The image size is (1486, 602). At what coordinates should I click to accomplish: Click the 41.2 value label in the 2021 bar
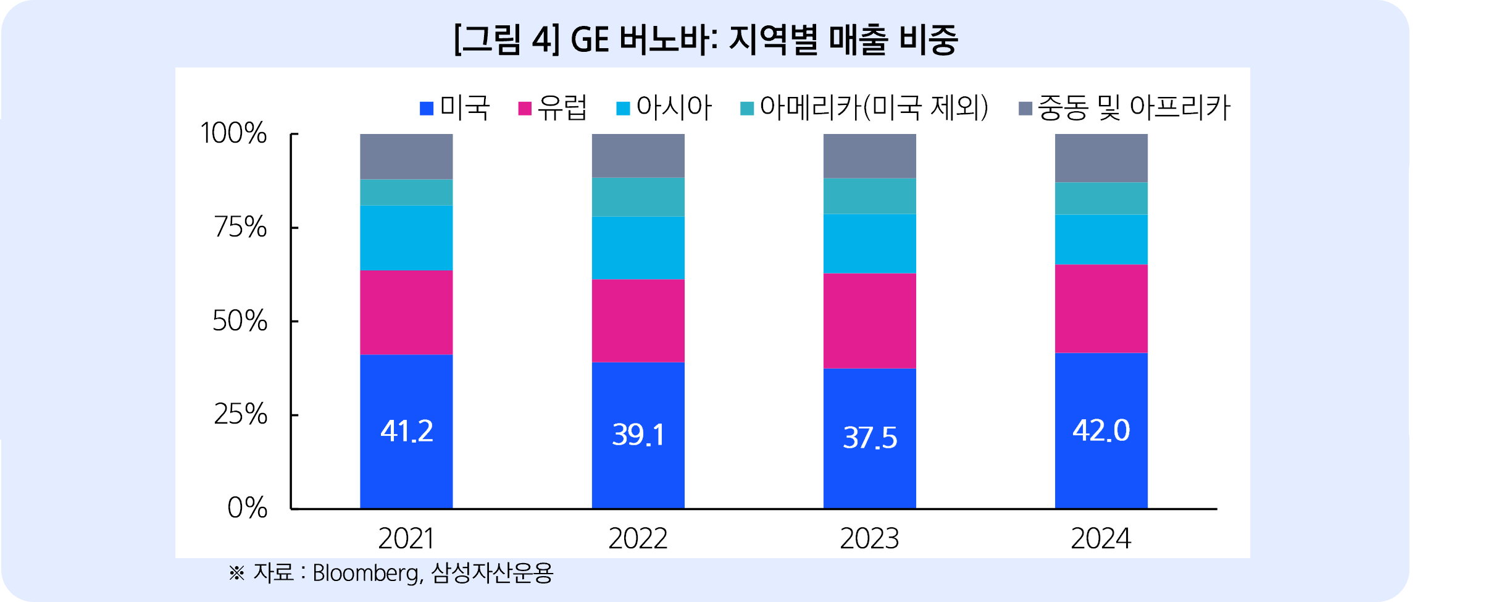pyautogui.click(x=406, y=431)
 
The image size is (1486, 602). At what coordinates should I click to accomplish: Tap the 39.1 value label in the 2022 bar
pyautogui.click(x=638, y=435)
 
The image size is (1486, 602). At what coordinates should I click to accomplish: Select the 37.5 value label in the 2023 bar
pyautogui.click(x=869, y=438)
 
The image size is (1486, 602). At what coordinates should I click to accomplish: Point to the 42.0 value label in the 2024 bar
pyautogui.click(x=1101, y=430)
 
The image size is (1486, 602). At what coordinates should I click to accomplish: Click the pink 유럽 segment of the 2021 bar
pyautogui.click(x=406, y=312)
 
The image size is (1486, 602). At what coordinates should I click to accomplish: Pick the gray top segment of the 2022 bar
pyautogui.click(x=638, y=156)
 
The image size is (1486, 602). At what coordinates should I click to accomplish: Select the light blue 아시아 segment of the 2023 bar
pyautogui.click(x=869, y=243)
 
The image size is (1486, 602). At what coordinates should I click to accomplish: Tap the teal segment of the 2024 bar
pyautogui.click(x=1101, y=198)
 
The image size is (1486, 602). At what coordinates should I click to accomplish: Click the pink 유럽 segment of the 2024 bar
pyautogui.click(x=1101, y=309)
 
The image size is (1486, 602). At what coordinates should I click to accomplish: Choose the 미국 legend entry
pyautogui.click(x=455, y=108)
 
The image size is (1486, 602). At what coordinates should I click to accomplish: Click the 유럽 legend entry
pyautogui.click(x=553, y=108)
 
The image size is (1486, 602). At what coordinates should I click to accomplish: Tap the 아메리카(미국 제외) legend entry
pyautogui.click(x=865, y=108)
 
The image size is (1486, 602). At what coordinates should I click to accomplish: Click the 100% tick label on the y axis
pyautogui.click(x=233, y=133)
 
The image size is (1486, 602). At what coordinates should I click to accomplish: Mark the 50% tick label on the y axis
pyautogui.click(x=240, y=321)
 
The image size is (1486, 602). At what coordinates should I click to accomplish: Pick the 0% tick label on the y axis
pyautogui.click(x=247, y=508)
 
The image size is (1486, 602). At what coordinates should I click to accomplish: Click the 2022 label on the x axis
pyautogui.click(x=638, y=538)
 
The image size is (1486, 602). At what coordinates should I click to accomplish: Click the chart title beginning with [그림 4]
pyautogui.click(x=705, y=40)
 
